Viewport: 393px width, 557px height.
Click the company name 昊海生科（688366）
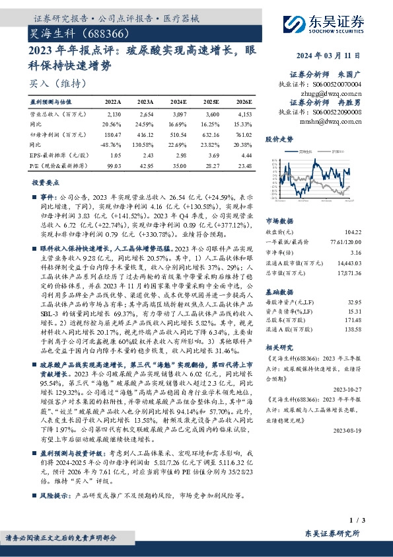(83, 32)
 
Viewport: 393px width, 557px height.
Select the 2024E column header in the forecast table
(178, 103)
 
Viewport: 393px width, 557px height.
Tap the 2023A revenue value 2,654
(145, 115)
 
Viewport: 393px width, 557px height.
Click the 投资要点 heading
(44, 181)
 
